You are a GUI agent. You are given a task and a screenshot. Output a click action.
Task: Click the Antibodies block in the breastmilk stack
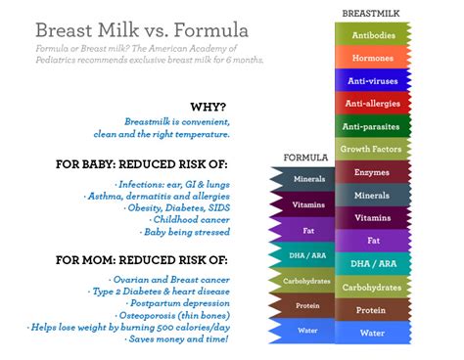[x=373, y=34]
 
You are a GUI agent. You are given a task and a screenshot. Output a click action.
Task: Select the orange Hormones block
[x=373, y=57]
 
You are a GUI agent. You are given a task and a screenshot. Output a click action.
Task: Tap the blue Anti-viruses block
[x=373, y=80]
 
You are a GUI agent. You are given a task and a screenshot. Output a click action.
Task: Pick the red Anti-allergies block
[x=373, y=103]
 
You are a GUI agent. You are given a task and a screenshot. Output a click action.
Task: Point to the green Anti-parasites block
[x=373, y=126]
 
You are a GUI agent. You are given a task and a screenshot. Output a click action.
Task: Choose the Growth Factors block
[x=373, y=150]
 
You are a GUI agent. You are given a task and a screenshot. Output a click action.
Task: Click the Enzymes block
[x=373, y=172]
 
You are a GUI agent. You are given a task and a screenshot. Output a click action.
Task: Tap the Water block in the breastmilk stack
[x=373, y=333]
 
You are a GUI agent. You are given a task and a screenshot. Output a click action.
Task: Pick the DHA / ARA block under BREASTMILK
[x=373, y=264]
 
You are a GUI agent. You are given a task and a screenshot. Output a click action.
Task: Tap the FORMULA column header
[x=304, y=157]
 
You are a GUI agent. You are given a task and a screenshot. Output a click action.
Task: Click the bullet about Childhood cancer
[x=193, y=220]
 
